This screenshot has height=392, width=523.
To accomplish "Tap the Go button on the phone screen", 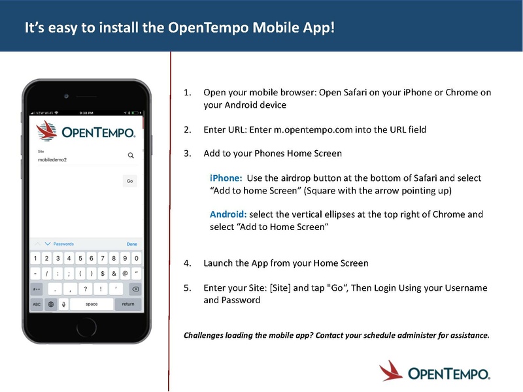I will (x=129, y=181).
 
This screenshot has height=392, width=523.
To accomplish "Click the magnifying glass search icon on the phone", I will (x=131, y=155).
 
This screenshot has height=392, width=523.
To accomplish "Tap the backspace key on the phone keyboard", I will (x=135, y=289).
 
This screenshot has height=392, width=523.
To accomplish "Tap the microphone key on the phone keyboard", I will (x=63, y=304).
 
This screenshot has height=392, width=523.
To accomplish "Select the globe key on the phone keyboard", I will (x=50, y=304).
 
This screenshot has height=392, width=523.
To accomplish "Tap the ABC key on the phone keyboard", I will (x=37, y=304).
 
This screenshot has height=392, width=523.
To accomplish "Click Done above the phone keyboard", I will (x=132, y=244).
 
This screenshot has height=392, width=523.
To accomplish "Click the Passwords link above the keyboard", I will (x=63, y=244).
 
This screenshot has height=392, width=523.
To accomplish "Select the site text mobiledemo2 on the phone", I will (x=52, y=159).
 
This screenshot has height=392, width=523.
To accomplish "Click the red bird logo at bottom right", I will (x=391, y=370).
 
